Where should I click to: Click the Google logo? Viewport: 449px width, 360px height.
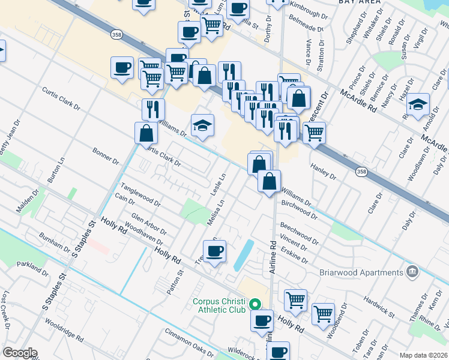20,353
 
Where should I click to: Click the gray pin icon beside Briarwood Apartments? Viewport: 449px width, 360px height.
412,272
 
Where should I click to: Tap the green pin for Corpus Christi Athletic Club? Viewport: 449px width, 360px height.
254,305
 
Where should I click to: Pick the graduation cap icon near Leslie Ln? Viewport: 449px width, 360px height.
203,125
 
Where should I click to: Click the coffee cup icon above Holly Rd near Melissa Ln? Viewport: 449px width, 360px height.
215,251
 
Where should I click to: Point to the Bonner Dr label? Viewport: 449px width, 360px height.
106,157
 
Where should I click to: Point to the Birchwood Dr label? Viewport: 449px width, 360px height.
298,209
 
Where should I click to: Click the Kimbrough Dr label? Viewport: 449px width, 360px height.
310,5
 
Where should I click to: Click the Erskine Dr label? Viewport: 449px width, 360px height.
294,256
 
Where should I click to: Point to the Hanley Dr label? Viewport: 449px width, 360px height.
323,170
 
